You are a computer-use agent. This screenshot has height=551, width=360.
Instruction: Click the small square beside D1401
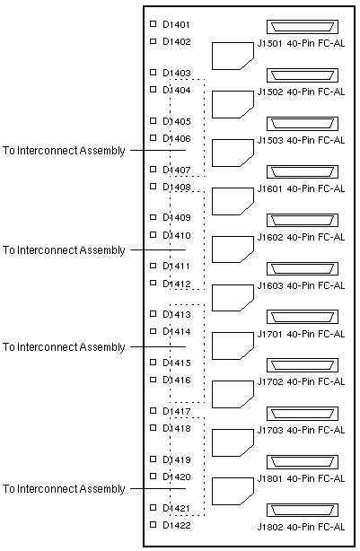click(x=153, y=24)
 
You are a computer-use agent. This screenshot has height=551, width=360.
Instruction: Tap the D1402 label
click(x=177, y=41)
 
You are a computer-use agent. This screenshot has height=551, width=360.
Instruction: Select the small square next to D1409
click(x=153, y=217)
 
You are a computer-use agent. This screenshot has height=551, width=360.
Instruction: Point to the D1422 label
click(x=177, y=525)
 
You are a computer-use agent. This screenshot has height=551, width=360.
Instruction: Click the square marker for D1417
click(x=153, y=410)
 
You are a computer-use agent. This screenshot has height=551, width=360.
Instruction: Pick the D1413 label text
click(x=177, y=314)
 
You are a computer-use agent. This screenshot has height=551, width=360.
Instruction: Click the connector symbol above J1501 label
click(x=303, y=27)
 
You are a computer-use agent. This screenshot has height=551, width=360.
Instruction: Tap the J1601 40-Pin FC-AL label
click(x=301, y=188)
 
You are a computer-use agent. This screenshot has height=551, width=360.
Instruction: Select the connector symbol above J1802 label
click(x=303, y=511)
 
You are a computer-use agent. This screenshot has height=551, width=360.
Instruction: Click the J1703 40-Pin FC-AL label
click(x=301, y=430)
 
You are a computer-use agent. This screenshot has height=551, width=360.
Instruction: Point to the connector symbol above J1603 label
click(x=303, y=269)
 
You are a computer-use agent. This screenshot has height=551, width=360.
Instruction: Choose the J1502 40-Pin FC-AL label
click(x=301, y=92)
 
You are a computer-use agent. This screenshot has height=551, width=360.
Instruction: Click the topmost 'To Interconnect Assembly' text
click(x=64, y=151)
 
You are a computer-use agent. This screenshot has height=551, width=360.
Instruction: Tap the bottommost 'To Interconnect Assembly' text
click(x=64, y=489)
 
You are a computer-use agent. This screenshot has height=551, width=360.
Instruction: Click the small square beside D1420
click(x=153, y=477)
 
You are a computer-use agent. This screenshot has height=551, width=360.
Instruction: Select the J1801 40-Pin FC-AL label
click(x=301, y=478)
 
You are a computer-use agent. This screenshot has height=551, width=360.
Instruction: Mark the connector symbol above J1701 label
click(x=303, y=317)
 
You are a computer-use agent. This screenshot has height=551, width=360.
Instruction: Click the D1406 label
click(x=177, y=138)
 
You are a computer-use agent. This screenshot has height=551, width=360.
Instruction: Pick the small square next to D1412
click(x=153, y=283)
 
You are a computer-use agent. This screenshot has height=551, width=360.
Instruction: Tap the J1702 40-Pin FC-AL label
click(x=301, y=381)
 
